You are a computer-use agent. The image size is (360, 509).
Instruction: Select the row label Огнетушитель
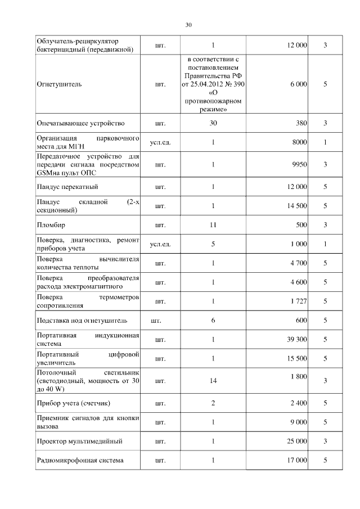point(59,84)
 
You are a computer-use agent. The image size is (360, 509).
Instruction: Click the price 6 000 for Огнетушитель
point(298,84)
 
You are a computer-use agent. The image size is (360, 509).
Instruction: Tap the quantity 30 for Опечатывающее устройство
point(213,123)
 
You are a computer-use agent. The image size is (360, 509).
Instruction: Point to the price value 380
point(301,123)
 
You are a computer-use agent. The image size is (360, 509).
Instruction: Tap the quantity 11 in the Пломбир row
point(213,225)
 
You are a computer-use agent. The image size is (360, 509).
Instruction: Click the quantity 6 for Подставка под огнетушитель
point(213,321)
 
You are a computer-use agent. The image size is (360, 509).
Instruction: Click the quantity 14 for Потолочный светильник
point(213,381)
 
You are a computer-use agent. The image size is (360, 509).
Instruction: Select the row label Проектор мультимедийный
point(79,441)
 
